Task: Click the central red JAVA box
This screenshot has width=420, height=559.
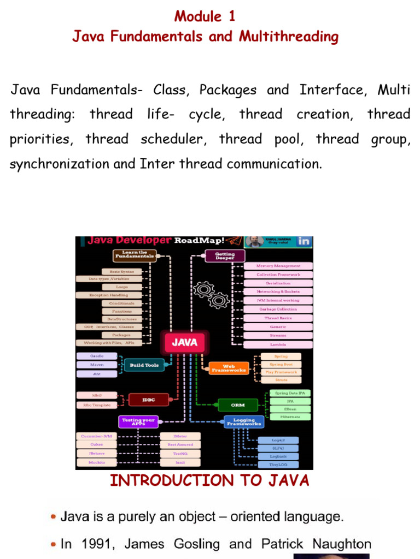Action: click(x=185, y=343)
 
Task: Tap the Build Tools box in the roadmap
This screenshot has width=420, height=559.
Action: click(x=144, y=365)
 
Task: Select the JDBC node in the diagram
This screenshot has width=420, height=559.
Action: click(x=149, y=400)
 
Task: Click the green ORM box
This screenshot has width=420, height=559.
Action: click(x=238, y=405)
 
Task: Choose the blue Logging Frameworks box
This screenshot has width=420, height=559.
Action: click(x=244, y=421)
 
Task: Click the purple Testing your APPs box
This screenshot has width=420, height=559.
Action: click(x=139, y=421)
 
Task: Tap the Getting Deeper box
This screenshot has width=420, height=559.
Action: click(x=225, y=255)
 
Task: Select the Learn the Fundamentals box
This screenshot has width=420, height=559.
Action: click(x=135, y=255)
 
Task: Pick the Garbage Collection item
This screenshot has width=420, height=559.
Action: click(x=278, y=309)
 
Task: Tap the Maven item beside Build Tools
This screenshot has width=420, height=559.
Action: click(x=97, y=365)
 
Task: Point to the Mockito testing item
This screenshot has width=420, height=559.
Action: click(x=97, y=462)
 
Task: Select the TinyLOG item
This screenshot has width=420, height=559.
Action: click(x=278, y=465)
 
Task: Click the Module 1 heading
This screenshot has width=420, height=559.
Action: click(x=205, y=16)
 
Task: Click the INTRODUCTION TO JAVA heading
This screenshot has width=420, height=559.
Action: click(x=209, y=480)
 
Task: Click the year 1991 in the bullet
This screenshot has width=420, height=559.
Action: click(x=97, y=544)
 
